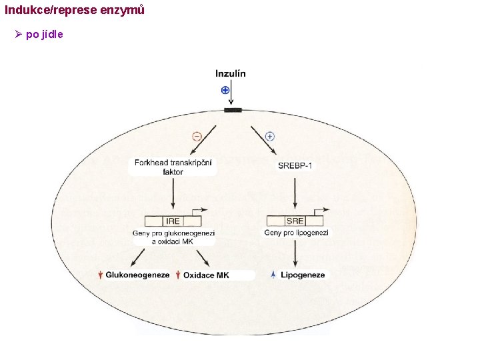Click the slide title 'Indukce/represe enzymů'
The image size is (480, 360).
coord(74,11)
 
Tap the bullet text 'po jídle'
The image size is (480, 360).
coord(45,34)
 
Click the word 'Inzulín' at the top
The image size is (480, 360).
coord(230,73)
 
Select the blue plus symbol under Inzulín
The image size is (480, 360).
coord(225,90)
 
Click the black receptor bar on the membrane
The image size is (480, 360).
coord(233,109)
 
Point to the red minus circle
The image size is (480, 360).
coord(196,137)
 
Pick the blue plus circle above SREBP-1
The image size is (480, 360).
coord(270,136)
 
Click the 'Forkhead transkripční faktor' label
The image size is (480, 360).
coord(173,167)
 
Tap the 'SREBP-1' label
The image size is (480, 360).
coord(295,165)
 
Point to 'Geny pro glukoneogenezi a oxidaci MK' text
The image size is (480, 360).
coord(173,237)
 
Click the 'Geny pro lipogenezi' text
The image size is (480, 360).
coord(296,233)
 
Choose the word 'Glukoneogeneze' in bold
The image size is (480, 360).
coord(138,275)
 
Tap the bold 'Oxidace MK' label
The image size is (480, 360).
coord(206,275)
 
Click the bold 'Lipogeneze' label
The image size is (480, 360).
coord(303,275)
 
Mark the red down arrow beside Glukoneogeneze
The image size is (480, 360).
coord(100,275)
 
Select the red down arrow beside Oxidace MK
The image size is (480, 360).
coord(178,275)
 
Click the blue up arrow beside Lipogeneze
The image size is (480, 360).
coord(274,275)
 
